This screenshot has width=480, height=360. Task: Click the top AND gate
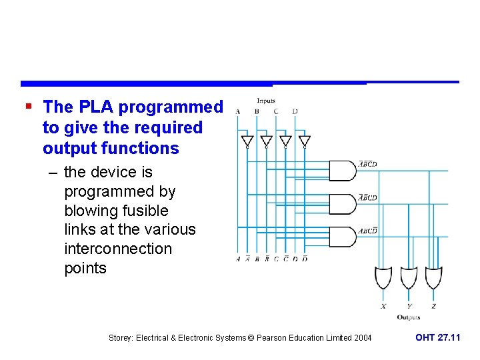point(343,170)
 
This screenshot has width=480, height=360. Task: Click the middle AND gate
point(343,203)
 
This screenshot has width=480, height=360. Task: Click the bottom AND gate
point(343,237)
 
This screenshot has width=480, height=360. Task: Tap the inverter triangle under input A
point(247,141)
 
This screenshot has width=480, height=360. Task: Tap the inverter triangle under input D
point(304,141)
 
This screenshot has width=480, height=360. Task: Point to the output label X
point(383,307)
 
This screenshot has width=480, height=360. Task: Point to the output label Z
point(433,307)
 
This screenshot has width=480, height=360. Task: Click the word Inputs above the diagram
point(266,101)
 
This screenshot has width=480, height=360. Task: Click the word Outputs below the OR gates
point(408,317)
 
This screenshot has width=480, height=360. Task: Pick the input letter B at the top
point(257,111)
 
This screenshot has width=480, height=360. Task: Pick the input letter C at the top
point(276,111)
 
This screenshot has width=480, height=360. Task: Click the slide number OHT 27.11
point(437,338)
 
